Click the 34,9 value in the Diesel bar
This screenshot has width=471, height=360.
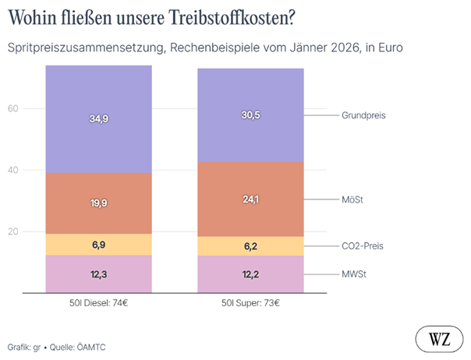pyautogui.click(x=98, y=118)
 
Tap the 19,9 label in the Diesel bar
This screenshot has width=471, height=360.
pyautogui.click(x=98, y=203)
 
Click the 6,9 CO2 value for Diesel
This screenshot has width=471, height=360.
pyautogui.click(x=98, y=245)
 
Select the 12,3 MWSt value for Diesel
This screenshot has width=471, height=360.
pyautogui.click(x=98, y=274)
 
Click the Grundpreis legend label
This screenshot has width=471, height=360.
pyautogui.click(x=363, y=115)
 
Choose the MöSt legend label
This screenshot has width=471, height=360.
pyautogui.click(x=352, y=199)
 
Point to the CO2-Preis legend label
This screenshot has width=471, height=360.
pyautogui.click(x=363, y=246)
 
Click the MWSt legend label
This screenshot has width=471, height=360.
pyautogui.click(x=354, y=274)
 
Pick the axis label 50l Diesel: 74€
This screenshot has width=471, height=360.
pyautogui.click(x=98, y=302)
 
